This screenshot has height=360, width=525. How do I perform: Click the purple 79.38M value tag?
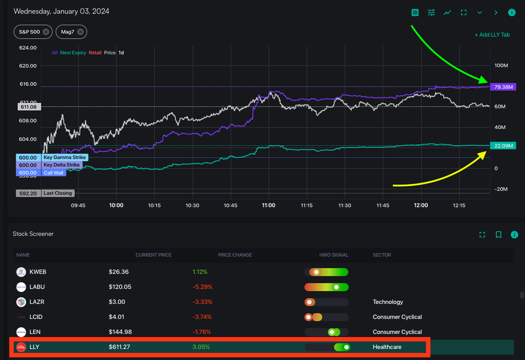click(x=503, y=87)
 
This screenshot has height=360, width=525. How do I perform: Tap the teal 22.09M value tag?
click(x=503, y=146)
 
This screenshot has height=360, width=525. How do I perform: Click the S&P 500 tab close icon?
click(x=46, y=32)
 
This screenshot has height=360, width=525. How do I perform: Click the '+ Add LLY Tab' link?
click(x=492, y=35)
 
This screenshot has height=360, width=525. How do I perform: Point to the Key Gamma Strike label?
click(x=65, y=157)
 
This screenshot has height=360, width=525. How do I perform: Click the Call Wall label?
click(x=53, y=173)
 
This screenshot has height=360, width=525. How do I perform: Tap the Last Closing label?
click(x=58, y=193)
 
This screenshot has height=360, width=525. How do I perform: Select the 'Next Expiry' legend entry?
click(x=73, y=53)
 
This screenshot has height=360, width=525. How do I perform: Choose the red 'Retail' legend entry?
click(x=95, y=53)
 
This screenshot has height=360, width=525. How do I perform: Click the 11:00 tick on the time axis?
click(x=269, y=205)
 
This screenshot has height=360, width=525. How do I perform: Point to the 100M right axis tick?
click(x=501, y=65)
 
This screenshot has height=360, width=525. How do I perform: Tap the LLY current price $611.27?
click(x=119, y=347)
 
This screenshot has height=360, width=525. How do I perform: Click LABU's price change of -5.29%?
click(x=202, y=287)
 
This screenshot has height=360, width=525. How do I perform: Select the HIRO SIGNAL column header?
click(x=334, y=255)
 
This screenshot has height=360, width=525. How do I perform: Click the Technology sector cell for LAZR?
click(x=388, y=302)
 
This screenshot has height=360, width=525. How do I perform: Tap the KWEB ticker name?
click(x=37, y=272)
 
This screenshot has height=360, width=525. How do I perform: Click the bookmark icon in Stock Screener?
click(x=498, y=235)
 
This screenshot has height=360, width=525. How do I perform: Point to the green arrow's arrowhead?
click(x=485, y=81)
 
